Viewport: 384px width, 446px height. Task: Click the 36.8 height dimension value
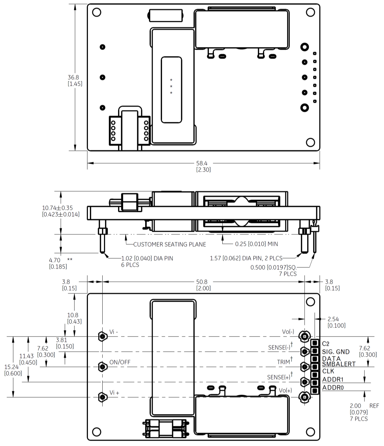73,78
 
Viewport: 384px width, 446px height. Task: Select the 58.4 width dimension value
202,164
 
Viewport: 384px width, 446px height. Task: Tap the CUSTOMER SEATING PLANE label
169,244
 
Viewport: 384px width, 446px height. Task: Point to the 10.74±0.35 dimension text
57,208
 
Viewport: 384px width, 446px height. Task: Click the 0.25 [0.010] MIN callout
256,244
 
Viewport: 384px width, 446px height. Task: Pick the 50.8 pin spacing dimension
202,282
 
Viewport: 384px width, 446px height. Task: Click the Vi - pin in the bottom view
103,336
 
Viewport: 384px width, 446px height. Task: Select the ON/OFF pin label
120,362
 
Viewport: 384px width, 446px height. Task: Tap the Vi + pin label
114,393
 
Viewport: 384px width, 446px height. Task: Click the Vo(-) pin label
288,332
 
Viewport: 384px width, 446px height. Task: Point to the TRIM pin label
284,362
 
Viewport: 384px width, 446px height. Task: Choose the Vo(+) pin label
285,391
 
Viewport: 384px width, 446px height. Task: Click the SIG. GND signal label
336,352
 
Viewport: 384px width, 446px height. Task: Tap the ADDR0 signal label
333,388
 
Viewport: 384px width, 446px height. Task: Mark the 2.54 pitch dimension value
333,319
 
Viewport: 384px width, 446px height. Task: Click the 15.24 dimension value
11,367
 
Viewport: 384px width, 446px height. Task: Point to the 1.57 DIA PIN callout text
246,258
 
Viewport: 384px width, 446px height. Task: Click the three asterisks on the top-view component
171,86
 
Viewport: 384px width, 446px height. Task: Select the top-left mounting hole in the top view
97,12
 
